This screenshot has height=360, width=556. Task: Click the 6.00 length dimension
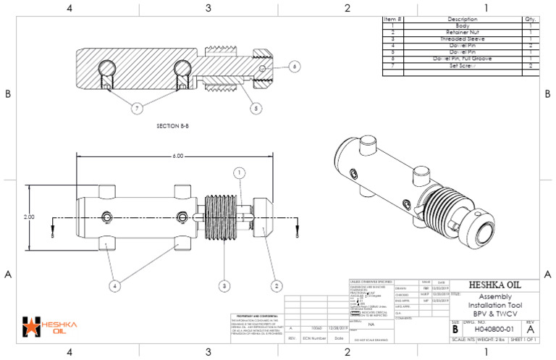pyautogui.click(x=177, y=156)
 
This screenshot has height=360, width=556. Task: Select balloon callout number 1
pyautogui.click(x=239, y=172)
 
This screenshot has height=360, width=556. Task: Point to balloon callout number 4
pyautogui.click(x=114, y=286)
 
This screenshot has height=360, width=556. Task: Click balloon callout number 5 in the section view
pyautogui.click(x=253, y=108)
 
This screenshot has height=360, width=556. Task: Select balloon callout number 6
pyautogui.click(x=294, y=66)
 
